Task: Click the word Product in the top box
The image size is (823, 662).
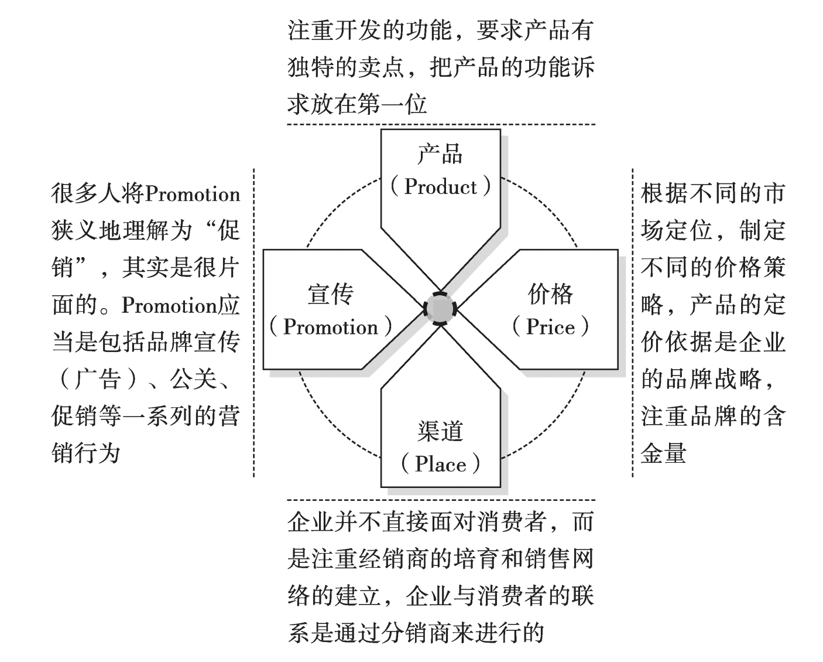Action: click(441, 187)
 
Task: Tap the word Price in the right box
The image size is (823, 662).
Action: click(550, 327)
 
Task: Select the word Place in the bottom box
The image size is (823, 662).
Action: click(441, 465)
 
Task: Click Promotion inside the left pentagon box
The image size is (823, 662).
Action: click(331, 327)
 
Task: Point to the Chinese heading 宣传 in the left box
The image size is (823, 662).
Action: click(331, 294)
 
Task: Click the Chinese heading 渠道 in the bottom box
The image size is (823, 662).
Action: click(441, 432)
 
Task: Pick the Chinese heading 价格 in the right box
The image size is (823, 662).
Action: click(550, 294)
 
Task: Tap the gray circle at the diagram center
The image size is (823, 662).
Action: click(440, 308)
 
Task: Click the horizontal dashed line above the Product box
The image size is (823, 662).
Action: click(441, 124)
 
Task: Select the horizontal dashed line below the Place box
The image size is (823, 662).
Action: click(441, 500)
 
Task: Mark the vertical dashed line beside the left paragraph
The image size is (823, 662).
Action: click(253, 322)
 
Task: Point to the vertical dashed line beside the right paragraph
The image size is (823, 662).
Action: click(632, 322)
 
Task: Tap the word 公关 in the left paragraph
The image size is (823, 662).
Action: click(193, 380)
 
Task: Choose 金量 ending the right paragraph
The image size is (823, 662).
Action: click(664, 453)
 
